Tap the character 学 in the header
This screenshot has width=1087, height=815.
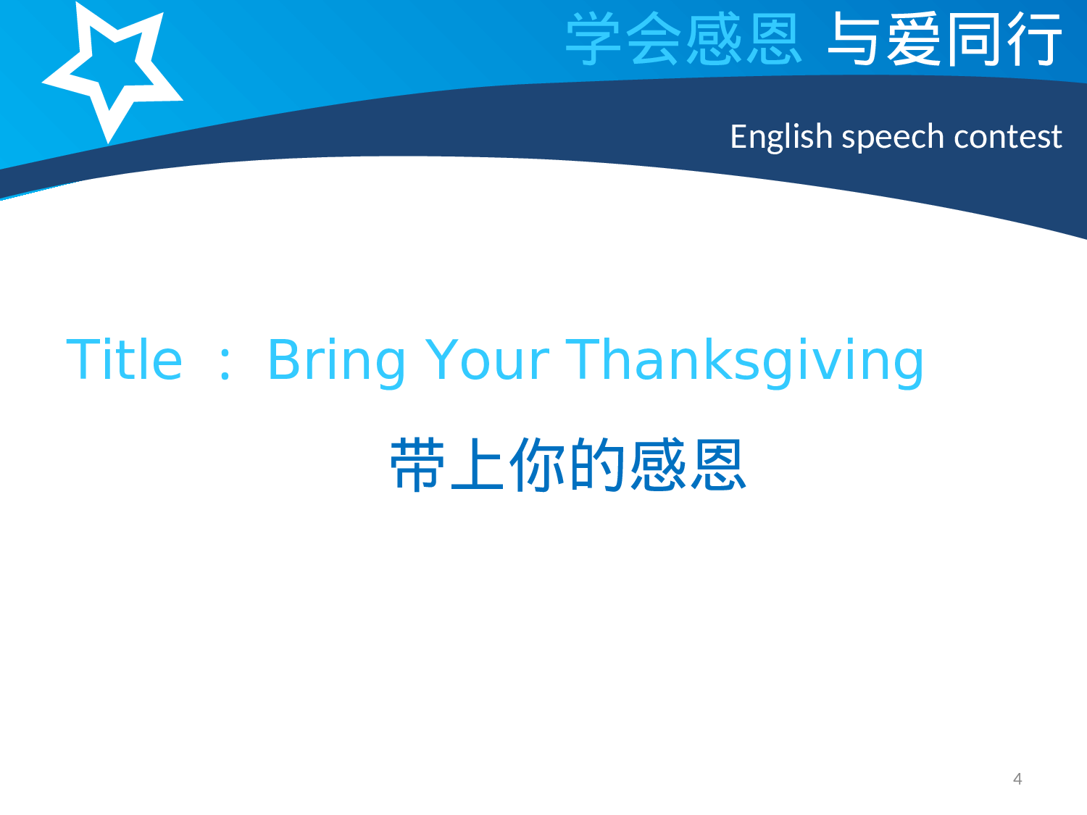tap(594, 39)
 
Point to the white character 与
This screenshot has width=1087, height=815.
tap(854, 39)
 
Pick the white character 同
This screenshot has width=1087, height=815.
tap(974, 39)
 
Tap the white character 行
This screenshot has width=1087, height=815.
tap(1034, 39)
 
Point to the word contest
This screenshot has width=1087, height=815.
tap(1007, 136)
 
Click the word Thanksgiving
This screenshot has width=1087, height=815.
tap(744, 361)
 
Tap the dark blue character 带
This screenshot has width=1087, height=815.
tap(418, 465)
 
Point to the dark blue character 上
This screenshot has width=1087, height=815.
tap(478, 465)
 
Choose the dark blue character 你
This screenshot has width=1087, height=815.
tap(538, 465)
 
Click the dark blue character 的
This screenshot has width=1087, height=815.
tap(597, 465)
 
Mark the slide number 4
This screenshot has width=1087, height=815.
tap(1017, 779)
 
